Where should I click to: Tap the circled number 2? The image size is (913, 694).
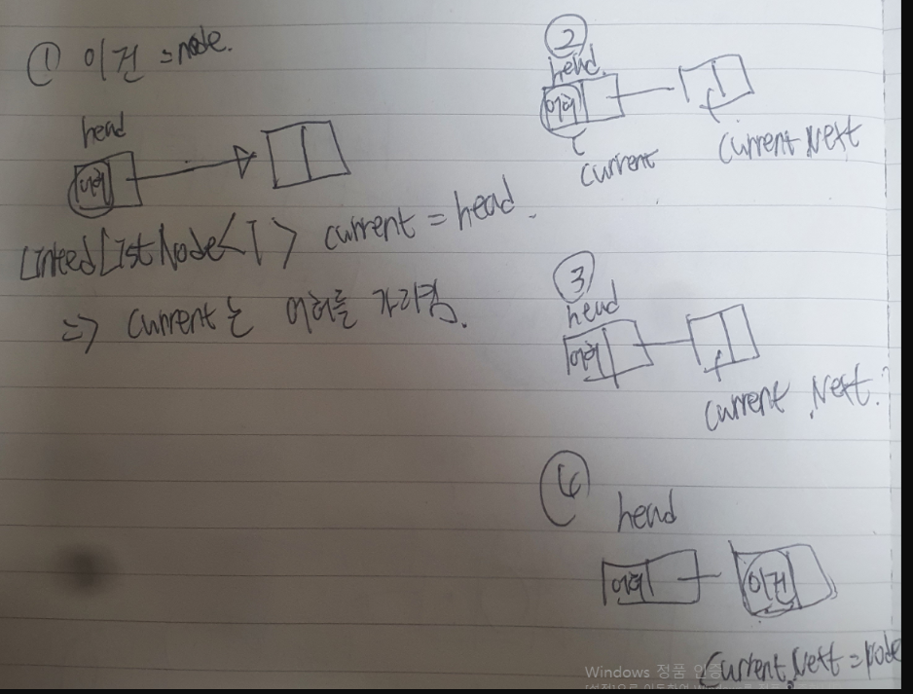(x=561, y=40)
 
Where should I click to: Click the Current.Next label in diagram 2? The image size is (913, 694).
(x=788, y=142)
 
